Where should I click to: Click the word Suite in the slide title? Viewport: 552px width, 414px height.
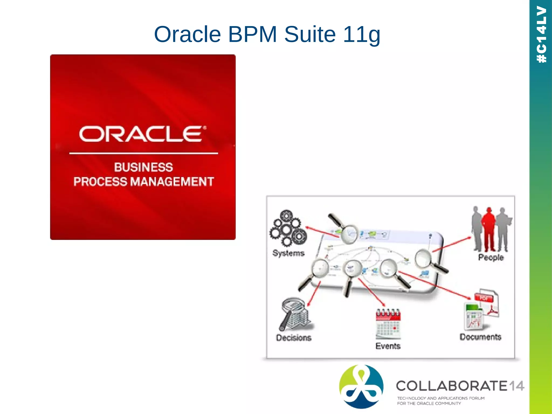click(310, 34)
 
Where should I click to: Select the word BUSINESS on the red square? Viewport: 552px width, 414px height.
click(143, 167)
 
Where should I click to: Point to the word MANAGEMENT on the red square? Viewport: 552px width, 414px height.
click(172, 182)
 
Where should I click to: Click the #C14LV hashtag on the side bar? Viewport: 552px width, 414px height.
click(541, 34)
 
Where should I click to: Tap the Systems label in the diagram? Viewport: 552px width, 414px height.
click(288, 253)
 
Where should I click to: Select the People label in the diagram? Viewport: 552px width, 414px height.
click(491, 257)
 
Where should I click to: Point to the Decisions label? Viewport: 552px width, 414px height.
click(294, 338)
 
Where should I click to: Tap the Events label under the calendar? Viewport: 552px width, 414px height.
click(388, 346)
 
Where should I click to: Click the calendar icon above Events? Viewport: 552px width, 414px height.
click(388, 324)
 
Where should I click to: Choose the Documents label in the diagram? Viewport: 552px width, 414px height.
click(480, 337)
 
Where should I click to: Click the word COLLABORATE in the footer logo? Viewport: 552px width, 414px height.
click(452, 386)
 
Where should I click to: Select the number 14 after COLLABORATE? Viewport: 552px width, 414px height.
click(517, 386)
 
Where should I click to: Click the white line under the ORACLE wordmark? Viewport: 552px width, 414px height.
click(143, 153)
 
